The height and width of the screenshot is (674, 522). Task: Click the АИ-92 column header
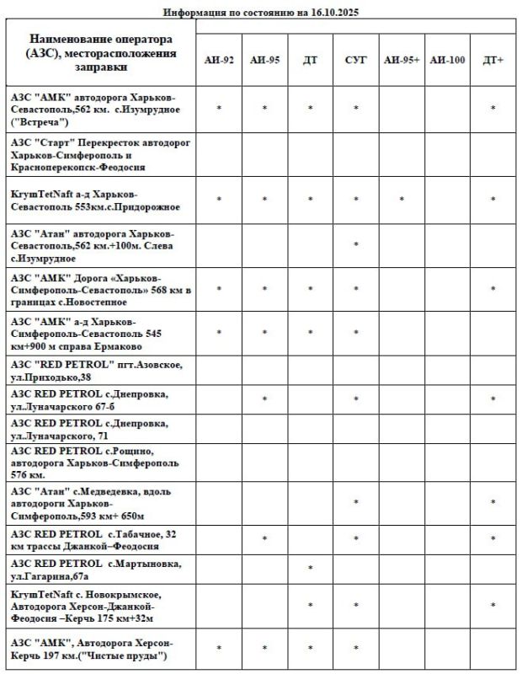point(219,60)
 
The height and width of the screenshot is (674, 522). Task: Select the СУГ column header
point(355,60)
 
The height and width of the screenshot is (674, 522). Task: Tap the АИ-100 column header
point(447,60)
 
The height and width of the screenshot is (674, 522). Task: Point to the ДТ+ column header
point(493,60)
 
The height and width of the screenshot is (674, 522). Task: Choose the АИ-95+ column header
point(402,60)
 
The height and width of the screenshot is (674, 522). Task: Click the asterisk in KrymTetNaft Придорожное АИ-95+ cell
point(402,200)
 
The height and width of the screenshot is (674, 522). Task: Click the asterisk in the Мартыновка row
point(311,569)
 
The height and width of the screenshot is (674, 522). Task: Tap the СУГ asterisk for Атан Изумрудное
point(356,245)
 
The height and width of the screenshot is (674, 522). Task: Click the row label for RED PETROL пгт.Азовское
point(97,371)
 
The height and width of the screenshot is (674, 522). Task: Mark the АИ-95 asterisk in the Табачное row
point(264,538)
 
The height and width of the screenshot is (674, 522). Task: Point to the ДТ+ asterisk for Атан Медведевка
point(493,503)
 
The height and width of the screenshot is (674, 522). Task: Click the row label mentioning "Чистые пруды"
point(93,650)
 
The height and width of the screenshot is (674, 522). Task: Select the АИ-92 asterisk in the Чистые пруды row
point(219,649)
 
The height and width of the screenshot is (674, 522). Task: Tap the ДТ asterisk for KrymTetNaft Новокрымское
point(311,606)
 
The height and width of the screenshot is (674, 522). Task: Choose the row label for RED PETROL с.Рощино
point(97,463)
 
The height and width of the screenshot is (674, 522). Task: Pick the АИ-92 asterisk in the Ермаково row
point(219,333)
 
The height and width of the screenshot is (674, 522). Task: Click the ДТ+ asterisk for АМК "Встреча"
point(493,109)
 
